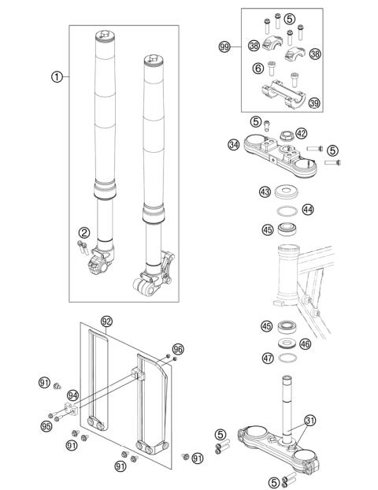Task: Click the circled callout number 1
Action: click(57, 77)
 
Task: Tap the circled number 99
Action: click(224, 47)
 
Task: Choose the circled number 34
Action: click(233, 144)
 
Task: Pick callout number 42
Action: click(302, 133)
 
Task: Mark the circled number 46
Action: click(306, 343)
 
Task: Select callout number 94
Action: click(72, 395)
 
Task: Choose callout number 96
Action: click(177, 349)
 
